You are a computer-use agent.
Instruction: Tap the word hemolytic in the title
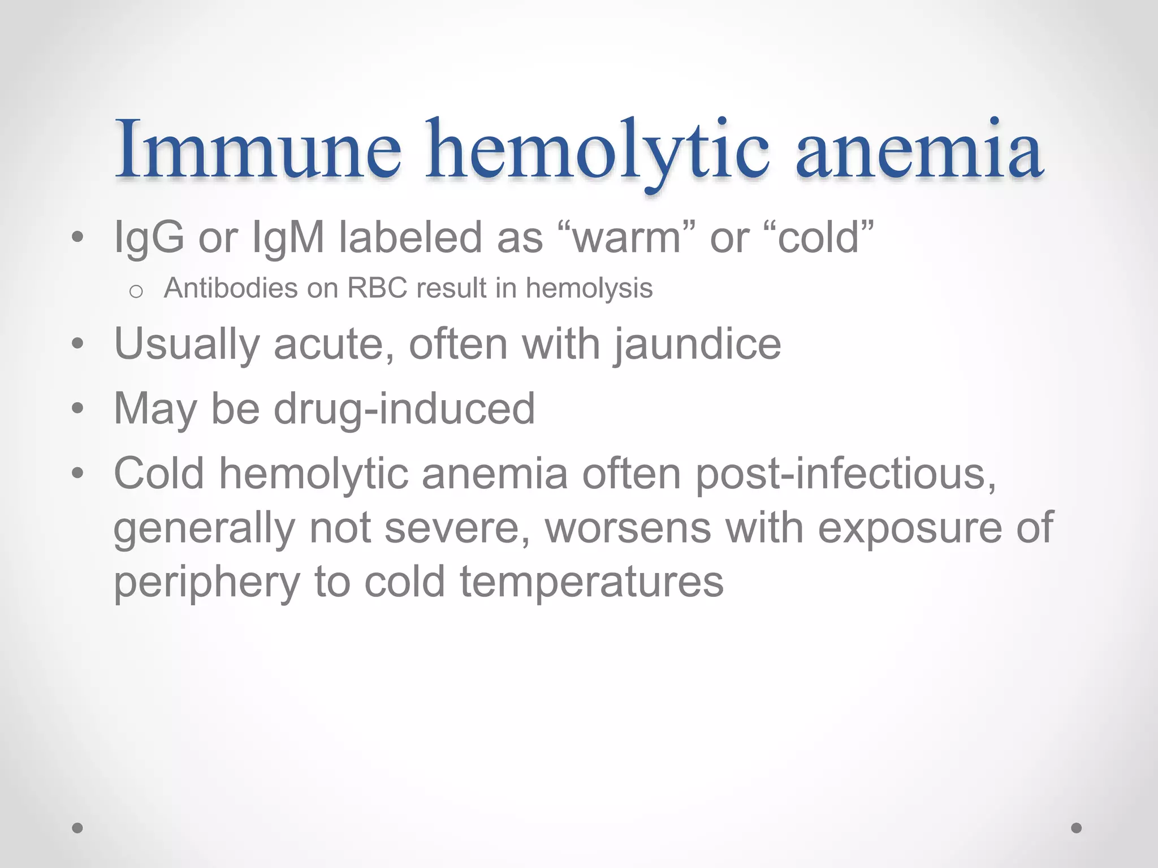coord(597,150)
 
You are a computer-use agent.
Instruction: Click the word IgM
coord(288,237)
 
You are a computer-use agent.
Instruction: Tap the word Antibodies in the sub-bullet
coord(230,288)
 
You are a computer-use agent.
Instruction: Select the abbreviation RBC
coord(377,288)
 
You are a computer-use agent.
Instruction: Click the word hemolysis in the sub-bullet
coord(589,288)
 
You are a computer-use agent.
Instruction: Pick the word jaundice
coord(698,345)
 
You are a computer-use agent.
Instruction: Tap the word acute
coord(334,345)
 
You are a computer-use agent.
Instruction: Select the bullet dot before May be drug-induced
coord(78,408)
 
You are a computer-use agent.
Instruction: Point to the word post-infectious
coord(845,474)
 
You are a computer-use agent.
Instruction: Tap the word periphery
coord(207,583)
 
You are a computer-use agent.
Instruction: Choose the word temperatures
coord(591,583)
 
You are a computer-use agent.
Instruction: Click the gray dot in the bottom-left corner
coord(77,828)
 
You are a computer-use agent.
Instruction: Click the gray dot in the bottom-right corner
coord(1077,828)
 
